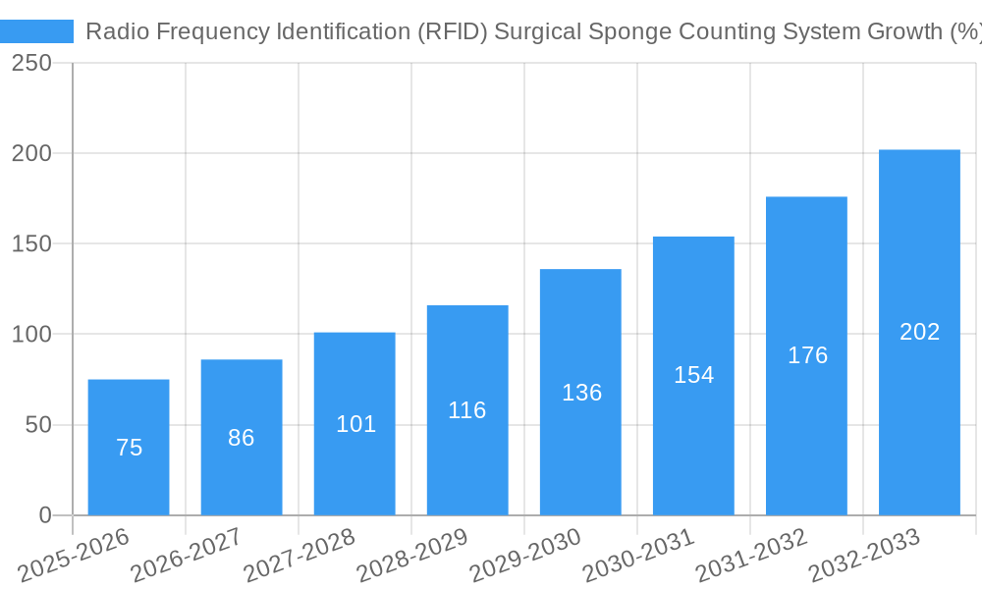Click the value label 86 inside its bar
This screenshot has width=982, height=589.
242,438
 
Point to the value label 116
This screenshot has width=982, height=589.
467,410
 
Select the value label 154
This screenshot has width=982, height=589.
693,375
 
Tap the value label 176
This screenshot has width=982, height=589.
807,355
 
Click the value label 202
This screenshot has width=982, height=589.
919,332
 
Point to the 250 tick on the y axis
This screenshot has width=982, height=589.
32,63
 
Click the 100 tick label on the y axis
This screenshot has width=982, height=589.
32,335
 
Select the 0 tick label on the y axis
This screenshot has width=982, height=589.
45,515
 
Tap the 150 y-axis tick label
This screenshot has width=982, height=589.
32,244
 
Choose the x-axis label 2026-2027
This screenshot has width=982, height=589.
187,555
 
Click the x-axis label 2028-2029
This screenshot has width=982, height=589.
412,555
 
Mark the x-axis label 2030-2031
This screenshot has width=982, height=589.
638,555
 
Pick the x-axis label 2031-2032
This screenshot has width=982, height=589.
751,555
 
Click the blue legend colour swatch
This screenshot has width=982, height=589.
37,31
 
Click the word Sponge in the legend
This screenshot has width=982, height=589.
633,31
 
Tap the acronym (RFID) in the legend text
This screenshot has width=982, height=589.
450,31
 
